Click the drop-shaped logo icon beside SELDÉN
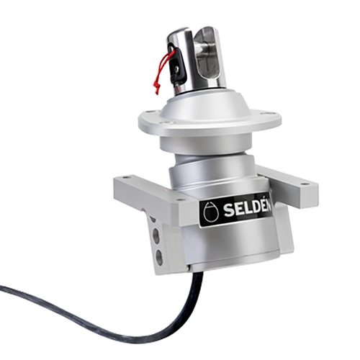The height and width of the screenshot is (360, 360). (210, 212)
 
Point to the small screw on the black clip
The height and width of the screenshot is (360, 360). (176, 69)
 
